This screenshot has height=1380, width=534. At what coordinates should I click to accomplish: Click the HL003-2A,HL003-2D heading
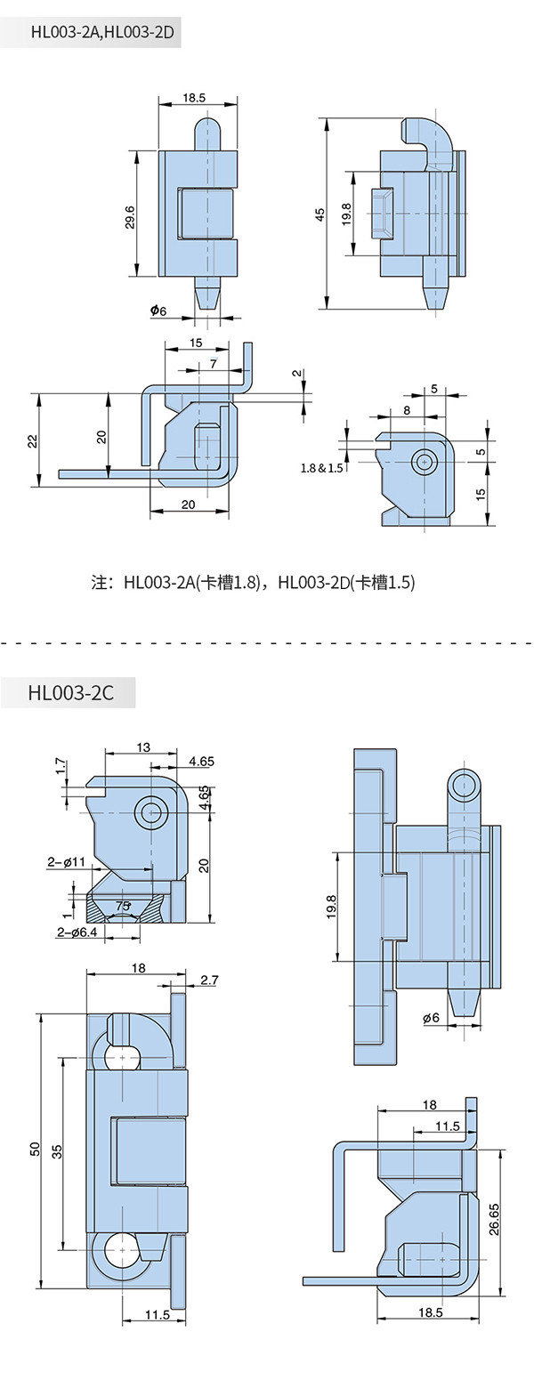tap(97, 33)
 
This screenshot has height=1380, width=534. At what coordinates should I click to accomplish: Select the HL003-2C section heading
tap(71, 692)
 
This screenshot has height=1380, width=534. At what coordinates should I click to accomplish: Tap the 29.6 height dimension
tap(131, 217)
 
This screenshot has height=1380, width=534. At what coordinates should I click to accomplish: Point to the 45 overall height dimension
tap(320, 215)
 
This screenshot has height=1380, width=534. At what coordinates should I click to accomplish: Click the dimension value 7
tap(213, 364)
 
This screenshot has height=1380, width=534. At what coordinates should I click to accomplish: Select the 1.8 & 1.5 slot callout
tap(321, 468)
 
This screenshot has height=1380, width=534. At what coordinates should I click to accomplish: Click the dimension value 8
tap(407, 409)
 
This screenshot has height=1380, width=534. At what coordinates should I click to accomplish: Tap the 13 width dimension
tap(143, 747)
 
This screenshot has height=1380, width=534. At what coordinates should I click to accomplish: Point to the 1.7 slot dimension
tap(61, 766)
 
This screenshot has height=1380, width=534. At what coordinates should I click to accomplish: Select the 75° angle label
tap(123, 906)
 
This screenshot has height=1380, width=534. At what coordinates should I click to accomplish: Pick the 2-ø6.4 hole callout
tap(77, 932)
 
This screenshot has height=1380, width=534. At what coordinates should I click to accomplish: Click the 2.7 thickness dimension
tap(209, 980)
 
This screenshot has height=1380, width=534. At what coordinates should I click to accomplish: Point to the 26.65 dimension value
tap(495, 1219)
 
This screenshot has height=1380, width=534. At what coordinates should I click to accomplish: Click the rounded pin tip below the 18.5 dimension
tap(210, 127)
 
